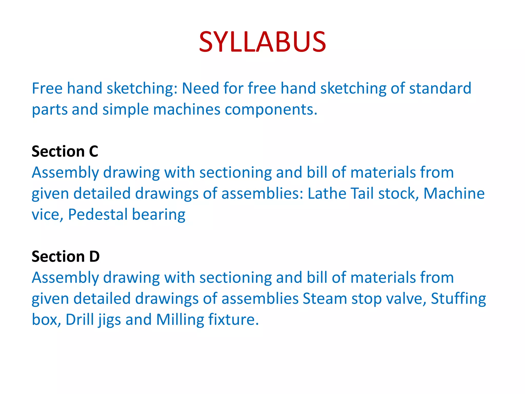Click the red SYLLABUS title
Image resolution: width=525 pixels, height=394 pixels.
pyautogui.click(x=262, y=42)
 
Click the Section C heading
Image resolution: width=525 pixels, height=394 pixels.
pyautogui.click(x=65, y=151)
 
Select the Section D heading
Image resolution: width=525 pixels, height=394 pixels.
pyautogui.click(x=66, y=256)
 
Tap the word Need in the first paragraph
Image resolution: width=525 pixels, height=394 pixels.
pyautogui.click(x=200, y=88)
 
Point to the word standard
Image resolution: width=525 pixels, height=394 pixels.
pyautogui.click(x=440, y=88)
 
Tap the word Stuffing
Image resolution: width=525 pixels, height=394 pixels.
pyautogui.click(x=458, y=299)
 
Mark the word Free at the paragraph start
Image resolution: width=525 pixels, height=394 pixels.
pyautogui.click(x=47, y=88)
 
